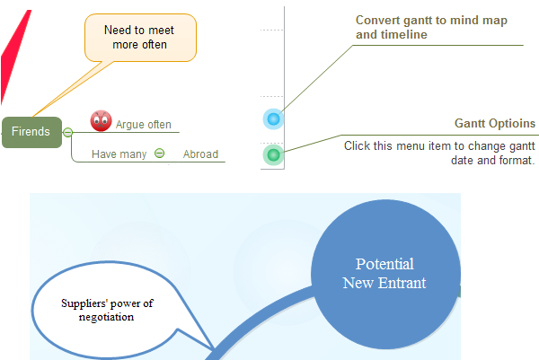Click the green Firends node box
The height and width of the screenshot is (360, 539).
[32, 132]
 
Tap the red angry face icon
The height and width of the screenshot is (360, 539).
[101, 121]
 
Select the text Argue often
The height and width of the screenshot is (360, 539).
[144, 125]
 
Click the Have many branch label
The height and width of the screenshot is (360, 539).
[119, 154]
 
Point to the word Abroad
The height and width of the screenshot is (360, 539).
[200, 154]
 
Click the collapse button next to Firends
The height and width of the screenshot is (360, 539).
[67, 132]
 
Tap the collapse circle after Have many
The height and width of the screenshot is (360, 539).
[160, 153]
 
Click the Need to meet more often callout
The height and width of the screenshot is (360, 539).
[140, 38]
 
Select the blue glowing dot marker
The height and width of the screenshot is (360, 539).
[274, 119]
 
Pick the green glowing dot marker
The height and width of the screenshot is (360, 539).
[274, 155]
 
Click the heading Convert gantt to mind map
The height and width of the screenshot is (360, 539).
[431, 21]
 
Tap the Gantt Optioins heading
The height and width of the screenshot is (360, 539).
[495, 123]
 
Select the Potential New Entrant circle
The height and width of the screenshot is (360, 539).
[385, 274]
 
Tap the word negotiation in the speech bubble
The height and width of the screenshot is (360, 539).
[106, 317]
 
